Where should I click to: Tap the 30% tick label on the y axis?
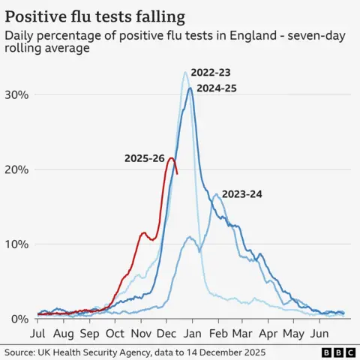[x=16, y=94]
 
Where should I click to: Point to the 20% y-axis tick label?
[x=16, y=169]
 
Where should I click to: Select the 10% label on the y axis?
[x=16, y=244]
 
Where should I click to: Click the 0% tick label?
[x=19, y=319]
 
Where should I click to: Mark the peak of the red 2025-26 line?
[x=172, y=158]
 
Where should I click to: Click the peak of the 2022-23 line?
[x=185, y=72]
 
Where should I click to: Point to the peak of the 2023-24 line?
[x=216, y=195]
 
